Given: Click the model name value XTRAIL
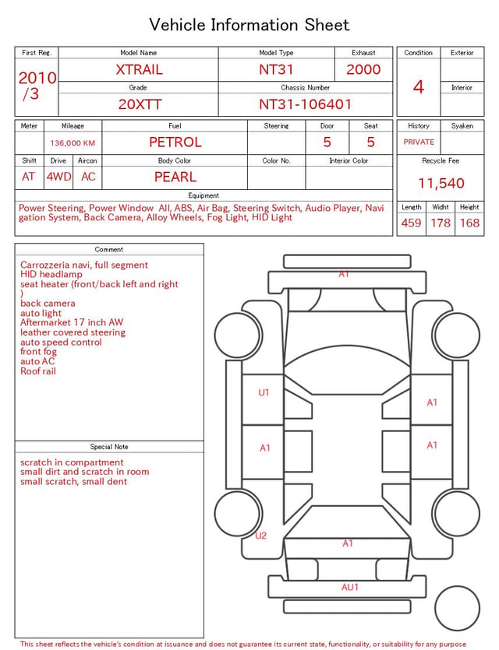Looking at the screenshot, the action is (x=139, y=69).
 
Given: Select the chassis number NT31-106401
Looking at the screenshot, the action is (x=305, y=104).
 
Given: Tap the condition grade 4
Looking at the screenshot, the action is (x=419, y=87).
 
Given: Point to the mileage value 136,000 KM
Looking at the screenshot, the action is (x=73, y=143).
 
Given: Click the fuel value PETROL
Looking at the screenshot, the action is (x=175, y=142).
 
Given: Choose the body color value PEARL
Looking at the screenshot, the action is (x=175, y=177).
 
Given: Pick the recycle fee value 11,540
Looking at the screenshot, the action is (x=441, y=183).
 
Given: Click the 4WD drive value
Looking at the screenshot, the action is (x=58, y=177).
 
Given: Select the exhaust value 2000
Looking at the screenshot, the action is (x=363, y=69).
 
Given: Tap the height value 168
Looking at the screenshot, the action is (x=469, y=223).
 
